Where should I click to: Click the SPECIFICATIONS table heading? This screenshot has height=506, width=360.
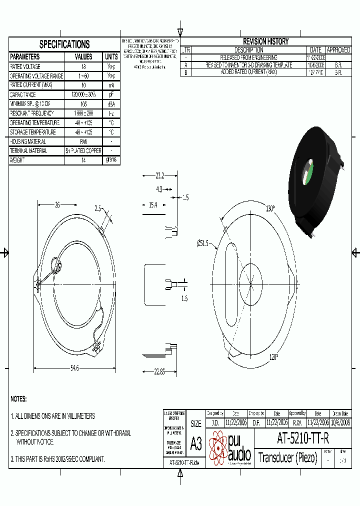point(64,44)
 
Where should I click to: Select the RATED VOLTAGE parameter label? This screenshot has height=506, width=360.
point(25,66)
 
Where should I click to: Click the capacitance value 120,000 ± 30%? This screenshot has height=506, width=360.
point(83,94)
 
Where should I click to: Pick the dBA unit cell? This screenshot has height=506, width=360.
point(111,104)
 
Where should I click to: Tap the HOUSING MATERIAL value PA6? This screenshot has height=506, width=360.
point(83,141)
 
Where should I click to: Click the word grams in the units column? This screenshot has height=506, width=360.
point(111,160)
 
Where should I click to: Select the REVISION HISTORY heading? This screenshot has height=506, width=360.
point(265,41)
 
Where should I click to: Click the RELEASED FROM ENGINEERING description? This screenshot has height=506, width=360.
point(248,57)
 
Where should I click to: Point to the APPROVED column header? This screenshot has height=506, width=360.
point(338,50)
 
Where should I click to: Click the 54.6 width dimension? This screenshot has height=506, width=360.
point(74,368)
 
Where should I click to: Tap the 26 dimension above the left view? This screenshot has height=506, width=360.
point(57,204)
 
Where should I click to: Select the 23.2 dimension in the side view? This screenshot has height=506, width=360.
point(159,176)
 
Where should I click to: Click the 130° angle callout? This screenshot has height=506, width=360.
point(270,208)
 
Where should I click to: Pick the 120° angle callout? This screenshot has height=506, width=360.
point(274,357)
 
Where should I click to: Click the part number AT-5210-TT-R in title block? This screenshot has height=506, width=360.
point(303,438)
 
